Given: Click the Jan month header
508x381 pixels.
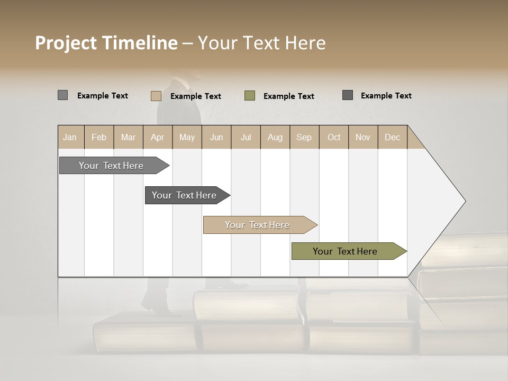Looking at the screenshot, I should tap(70, 137).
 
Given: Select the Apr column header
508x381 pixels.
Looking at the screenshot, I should tap(158, 137).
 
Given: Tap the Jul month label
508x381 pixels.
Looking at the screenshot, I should tap(246, 137).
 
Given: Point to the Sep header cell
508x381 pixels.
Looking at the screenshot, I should tap(304, 137).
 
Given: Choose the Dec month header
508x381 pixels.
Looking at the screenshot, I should tap(392, 137).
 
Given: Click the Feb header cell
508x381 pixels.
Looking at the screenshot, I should tap(99, 137).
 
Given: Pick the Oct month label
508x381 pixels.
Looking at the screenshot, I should tap(334, 137).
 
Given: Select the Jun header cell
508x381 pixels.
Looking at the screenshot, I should tap(216, 137).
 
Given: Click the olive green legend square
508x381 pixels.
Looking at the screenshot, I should tap(250, 96).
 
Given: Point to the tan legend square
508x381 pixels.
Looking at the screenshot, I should tap(156, 96).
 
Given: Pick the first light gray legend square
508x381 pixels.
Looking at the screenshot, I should tap(63, 95).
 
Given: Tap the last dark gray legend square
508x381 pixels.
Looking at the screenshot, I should tap(348, 95).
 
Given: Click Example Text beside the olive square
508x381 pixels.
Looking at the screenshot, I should tap(288, 96).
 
